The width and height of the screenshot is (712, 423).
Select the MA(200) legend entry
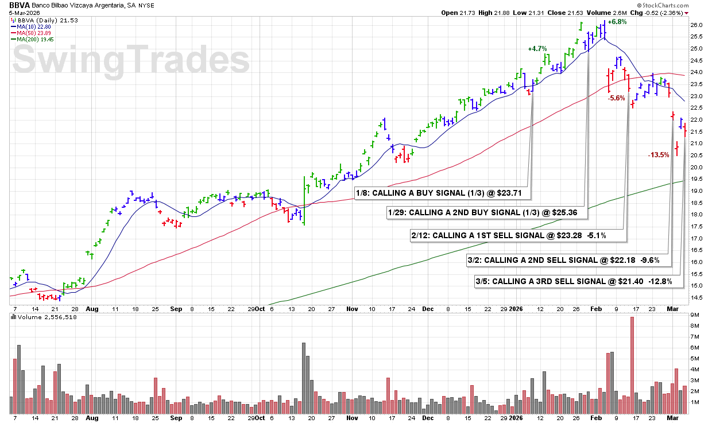click(x=36, y=39)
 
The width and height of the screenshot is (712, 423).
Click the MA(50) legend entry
click(x=35, y=33)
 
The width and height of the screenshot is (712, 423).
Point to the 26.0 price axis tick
click(x=696, y=25)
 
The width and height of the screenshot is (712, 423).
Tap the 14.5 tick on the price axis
click(x=696, y=297)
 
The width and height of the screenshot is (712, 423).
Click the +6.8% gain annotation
click(x=617, y=22)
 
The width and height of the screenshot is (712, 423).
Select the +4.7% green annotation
click(x=537, y=49)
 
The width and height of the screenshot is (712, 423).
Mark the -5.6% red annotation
click(x=616, y=98)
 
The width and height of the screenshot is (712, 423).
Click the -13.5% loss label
click(x=658, y=155)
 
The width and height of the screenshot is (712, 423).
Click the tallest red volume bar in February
click(x=632, y=365)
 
